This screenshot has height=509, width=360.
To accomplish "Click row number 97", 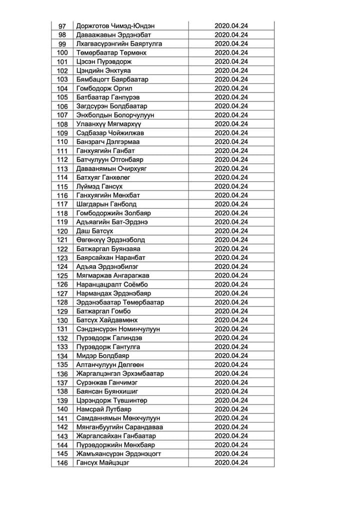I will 62,26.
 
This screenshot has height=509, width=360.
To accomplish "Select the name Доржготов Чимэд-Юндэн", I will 115,26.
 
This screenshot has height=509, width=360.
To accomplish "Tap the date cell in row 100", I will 231,52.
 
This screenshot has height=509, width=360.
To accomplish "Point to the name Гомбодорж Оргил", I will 104,88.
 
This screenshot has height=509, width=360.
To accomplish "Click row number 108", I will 62,124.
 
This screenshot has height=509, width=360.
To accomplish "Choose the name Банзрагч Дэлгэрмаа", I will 108,142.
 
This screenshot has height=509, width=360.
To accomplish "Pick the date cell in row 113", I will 231,168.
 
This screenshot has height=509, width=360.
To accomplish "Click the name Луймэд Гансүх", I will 100,186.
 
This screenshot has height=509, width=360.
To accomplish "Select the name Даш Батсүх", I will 95,231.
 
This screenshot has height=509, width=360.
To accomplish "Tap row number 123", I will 62,258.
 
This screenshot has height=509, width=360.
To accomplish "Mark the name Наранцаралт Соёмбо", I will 112,284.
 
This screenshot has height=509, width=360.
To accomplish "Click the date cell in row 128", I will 231,302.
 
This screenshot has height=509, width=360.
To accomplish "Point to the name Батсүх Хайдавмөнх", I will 107,320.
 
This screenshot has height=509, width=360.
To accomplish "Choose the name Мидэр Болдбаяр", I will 102,356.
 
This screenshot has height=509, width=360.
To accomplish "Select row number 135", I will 62,365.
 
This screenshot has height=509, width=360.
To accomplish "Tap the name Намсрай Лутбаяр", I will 104,409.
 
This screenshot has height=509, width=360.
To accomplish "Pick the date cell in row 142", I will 231,427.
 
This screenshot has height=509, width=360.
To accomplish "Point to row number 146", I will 62,463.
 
